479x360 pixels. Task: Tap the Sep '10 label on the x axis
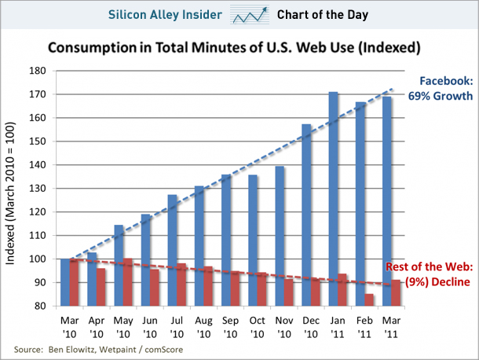tap(231, 328)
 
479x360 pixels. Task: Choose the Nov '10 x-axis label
tap(284, 328)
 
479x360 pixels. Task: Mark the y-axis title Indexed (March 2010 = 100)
tap(15, 189)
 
